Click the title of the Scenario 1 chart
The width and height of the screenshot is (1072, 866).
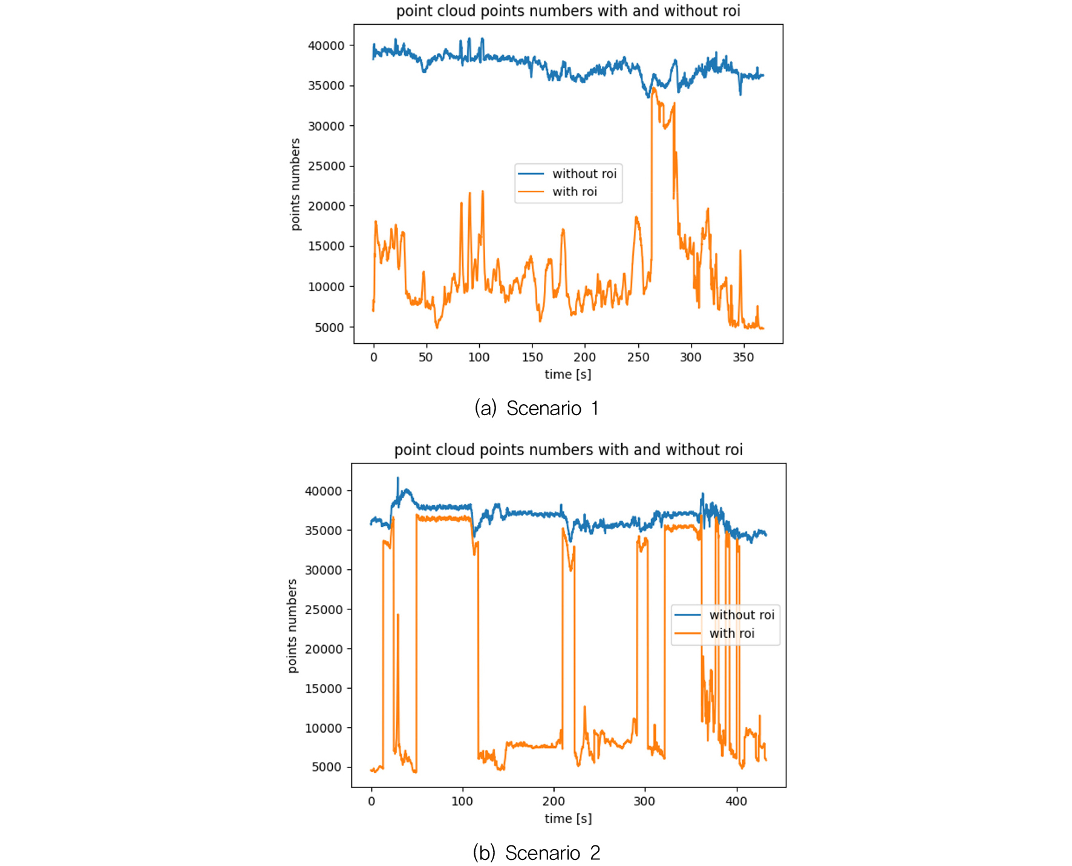coord(567,11)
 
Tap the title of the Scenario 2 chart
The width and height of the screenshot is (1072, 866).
coord(567,450)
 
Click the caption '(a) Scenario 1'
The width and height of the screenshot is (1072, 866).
coord(536,408)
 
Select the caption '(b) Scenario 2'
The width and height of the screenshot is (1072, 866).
coord(536,853)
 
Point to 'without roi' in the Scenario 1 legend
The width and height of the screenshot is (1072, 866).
coord(584,174)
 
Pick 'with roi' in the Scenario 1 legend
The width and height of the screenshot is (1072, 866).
coord(574,192)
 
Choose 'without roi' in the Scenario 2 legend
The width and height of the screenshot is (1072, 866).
coord(741,615)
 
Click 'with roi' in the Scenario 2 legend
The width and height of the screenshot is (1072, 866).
coord(731,634)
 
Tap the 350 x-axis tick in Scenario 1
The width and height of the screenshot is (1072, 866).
coord(743,357)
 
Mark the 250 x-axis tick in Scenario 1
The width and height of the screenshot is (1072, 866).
coord(638,357)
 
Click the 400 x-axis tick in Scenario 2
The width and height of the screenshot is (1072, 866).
coord(736,801)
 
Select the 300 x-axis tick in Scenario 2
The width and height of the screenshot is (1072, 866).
coord(644,801)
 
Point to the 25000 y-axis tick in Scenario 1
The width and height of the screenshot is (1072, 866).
coord(326,166)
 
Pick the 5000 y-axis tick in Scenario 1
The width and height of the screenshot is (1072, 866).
coord(329,327)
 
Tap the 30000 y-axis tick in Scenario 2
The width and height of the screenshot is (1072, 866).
coord(323,570)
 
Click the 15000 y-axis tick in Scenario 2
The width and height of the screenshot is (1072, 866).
coord(323,689)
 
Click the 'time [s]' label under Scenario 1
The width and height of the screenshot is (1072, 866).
coord(567,375)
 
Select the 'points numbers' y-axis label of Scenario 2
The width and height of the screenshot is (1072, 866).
coord(292,626)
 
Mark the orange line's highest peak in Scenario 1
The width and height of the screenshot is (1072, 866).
coord(653,88)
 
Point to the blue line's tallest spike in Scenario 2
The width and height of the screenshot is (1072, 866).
coord(397,478)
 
